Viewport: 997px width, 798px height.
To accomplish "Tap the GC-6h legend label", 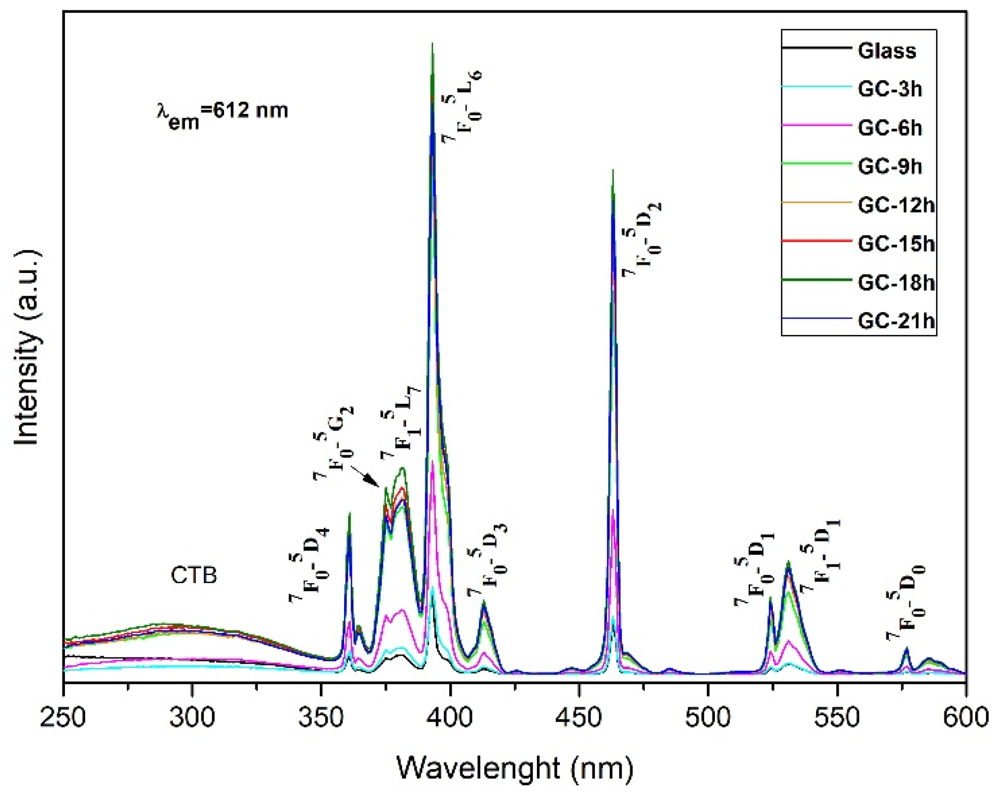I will (x=889, y=128).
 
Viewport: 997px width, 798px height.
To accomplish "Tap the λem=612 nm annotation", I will (x=222, y=111).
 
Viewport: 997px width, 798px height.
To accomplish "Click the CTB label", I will (x=194, y=575).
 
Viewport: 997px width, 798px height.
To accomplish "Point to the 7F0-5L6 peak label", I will (x=462, y=107).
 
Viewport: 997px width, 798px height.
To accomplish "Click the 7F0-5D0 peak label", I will (x=905, y=602).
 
